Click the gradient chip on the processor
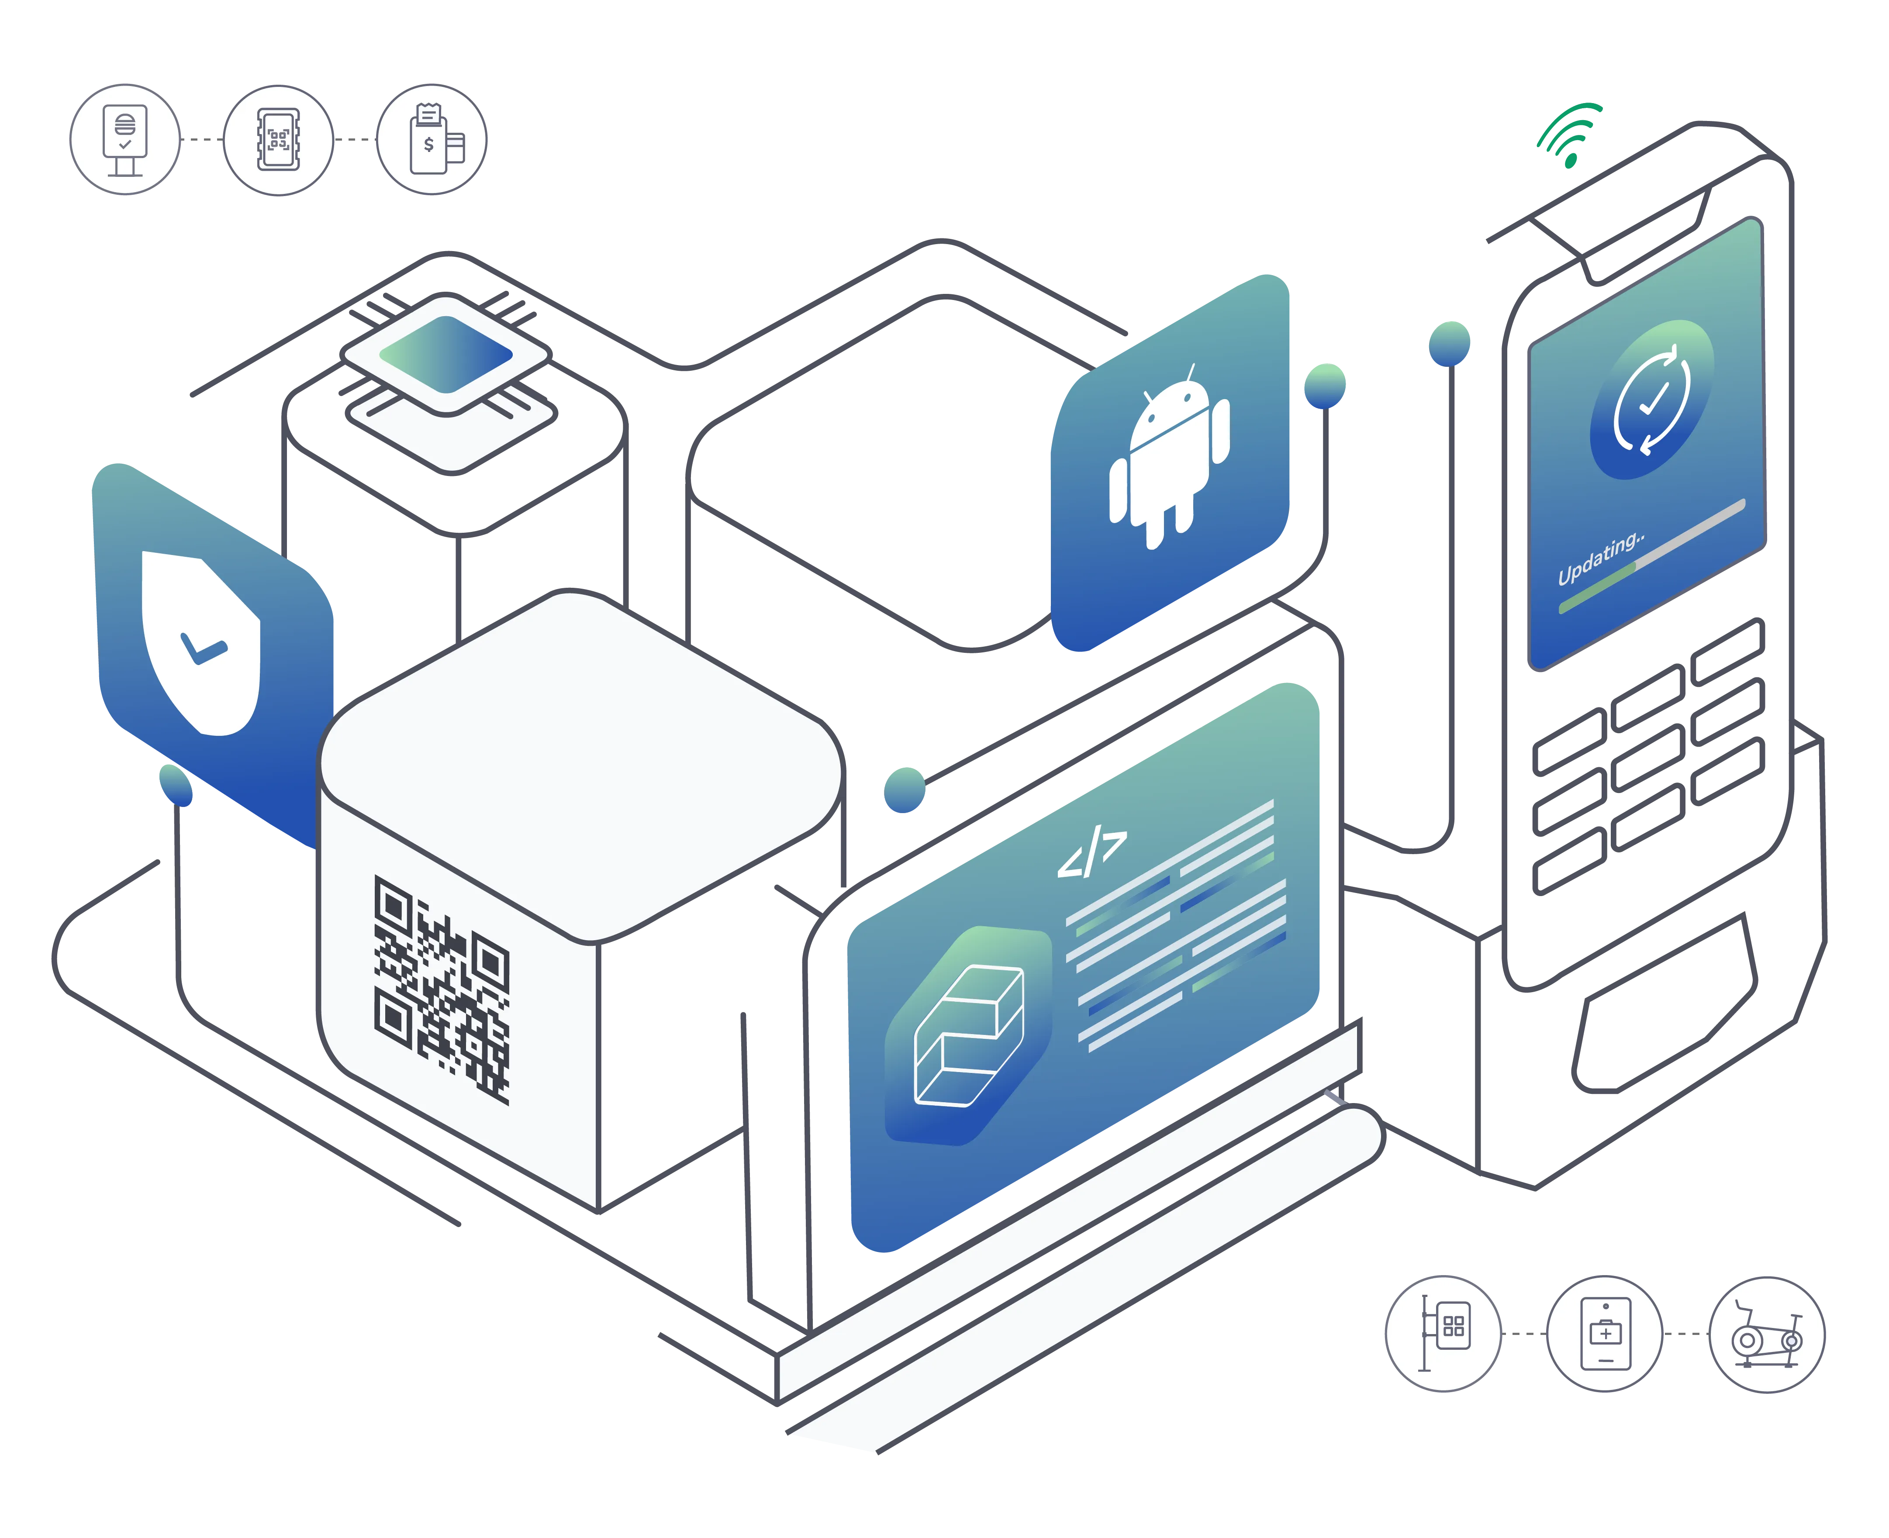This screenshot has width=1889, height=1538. [445, 355]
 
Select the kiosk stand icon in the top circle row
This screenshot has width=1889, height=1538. [125, 139]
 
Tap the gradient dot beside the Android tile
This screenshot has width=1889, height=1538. [1326, 384]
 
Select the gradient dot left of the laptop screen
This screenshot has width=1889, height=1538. [905, 789]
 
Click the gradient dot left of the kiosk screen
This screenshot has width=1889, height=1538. [1450, 342]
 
